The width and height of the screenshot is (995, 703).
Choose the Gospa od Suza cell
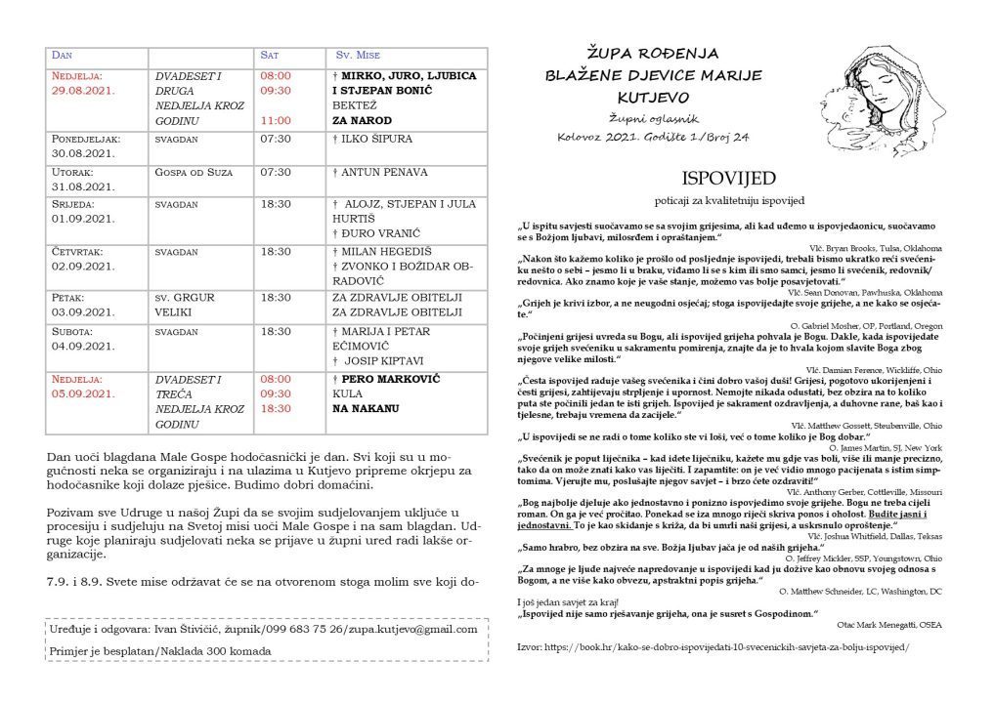click(x=193, y=172)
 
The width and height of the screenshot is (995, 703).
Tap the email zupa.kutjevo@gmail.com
click(x=392, y=633)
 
